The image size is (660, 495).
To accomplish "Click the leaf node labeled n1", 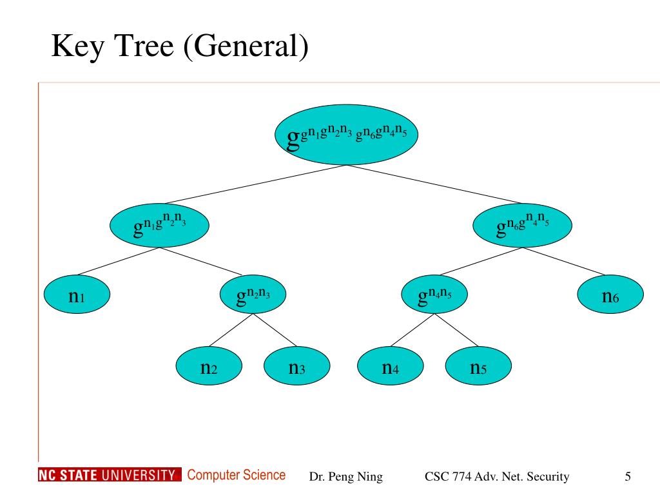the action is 77,294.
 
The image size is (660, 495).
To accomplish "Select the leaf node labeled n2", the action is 209,366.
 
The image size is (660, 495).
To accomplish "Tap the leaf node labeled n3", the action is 296,366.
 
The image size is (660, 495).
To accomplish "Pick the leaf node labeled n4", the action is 390,366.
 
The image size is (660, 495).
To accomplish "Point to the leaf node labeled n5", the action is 478,366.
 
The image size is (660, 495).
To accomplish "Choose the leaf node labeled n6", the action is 610,294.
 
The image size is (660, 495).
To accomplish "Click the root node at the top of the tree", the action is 346,135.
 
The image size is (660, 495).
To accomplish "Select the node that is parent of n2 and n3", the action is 253,294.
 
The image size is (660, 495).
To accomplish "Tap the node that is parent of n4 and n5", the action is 434,294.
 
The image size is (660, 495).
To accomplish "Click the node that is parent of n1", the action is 160,225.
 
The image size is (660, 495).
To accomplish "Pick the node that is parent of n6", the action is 522,225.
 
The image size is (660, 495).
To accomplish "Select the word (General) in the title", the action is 246,46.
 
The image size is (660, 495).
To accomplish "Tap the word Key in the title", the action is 78,46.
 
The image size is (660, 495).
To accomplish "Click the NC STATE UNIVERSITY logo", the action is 110,475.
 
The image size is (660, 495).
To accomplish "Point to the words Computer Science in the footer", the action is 237,475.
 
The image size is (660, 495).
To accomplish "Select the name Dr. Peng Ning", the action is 346,476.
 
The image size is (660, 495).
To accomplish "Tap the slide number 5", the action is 628,476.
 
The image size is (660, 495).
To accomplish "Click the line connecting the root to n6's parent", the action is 434,184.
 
